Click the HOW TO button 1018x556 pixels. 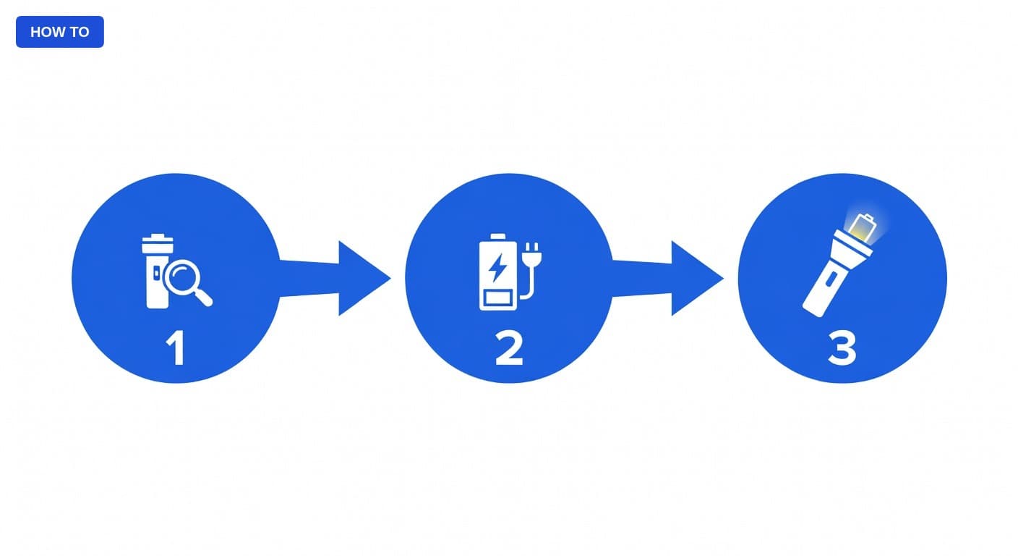point(59,32)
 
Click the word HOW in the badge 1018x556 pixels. point(46,33)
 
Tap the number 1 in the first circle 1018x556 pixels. point(176,348)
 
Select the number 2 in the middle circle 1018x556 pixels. point(509,348)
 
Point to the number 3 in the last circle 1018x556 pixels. point(842,348)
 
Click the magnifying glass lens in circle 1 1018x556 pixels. point(181,277)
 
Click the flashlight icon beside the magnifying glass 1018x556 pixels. point(156,271)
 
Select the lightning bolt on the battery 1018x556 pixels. point(497,268)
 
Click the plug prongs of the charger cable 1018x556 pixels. point(531,248)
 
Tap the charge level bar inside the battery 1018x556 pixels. point(498,298)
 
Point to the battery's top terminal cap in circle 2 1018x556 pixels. point(498,237)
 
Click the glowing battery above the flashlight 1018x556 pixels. point(862,228)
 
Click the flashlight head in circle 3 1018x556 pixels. point(850,248)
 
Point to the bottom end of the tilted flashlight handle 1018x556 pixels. point(812,313)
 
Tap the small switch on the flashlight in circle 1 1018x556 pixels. point(157,274)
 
